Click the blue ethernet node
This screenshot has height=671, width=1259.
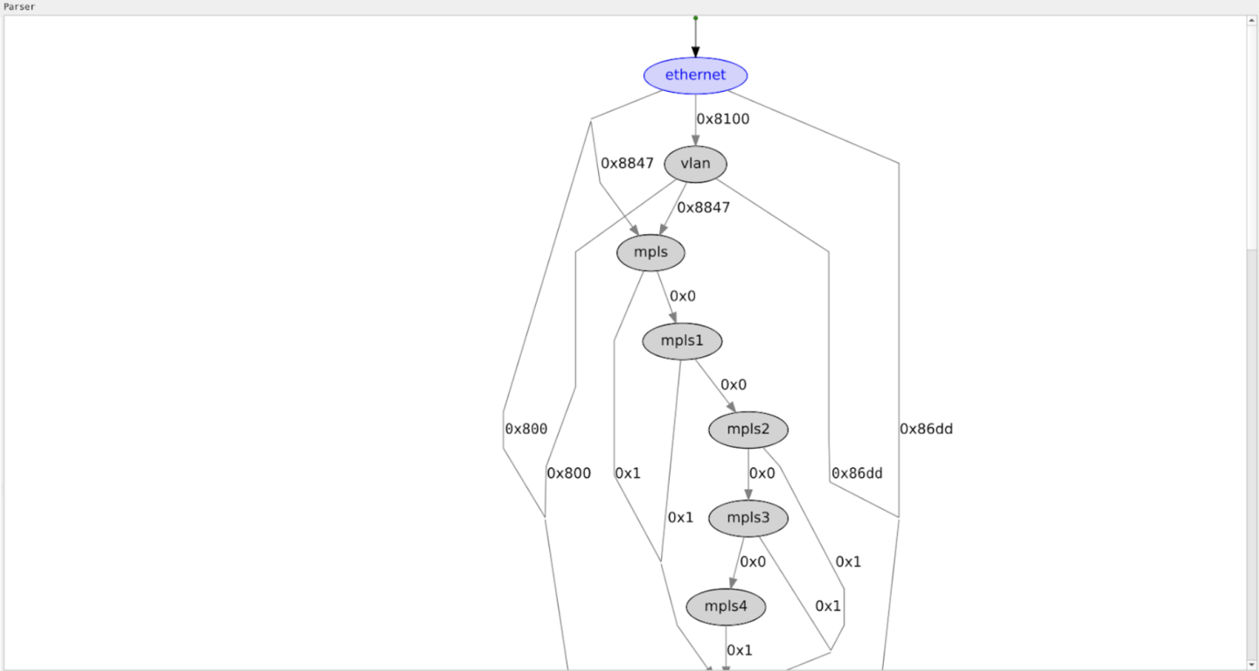[x=695, y=75]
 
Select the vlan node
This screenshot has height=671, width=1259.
[x=695, y=164]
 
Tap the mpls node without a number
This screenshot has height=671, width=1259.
[x=650, y=253]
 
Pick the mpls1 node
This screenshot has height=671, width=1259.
[x=682, y=341]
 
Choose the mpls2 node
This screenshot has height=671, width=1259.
[x=748, y=430]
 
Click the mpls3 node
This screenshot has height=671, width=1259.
[x=748, y=519]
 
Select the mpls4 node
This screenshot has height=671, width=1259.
[x=725, y=607]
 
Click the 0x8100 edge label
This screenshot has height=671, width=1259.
[x=723, y=119]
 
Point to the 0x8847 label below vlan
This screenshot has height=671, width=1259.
[x=704, y=207]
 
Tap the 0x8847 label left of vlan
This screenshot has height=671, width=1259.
[x=627, y=163]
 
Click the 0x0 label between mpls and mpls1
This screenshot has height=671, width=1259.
[x=683, y=296]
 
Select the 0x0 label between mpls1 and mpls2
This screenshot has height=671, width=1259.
[x=734, y=384]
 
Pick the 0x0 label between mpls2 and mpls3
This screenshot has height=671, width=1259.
[x=762, y=473]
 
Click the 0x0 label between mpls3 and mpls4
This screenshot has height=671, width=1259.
[x=753, y=562]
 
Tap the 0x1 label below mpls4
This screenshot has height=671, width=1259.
[x=740, y=650]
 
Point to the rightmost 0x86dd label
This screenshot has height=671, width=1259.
[x=926, y=429]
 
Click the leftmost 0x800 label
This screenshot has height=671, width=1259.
[x=525, y=429]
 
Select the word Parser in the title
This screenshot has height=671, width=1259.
[x=18, y=6]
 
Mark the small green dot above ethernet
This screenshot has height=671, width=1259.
[x=695, y=17]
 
